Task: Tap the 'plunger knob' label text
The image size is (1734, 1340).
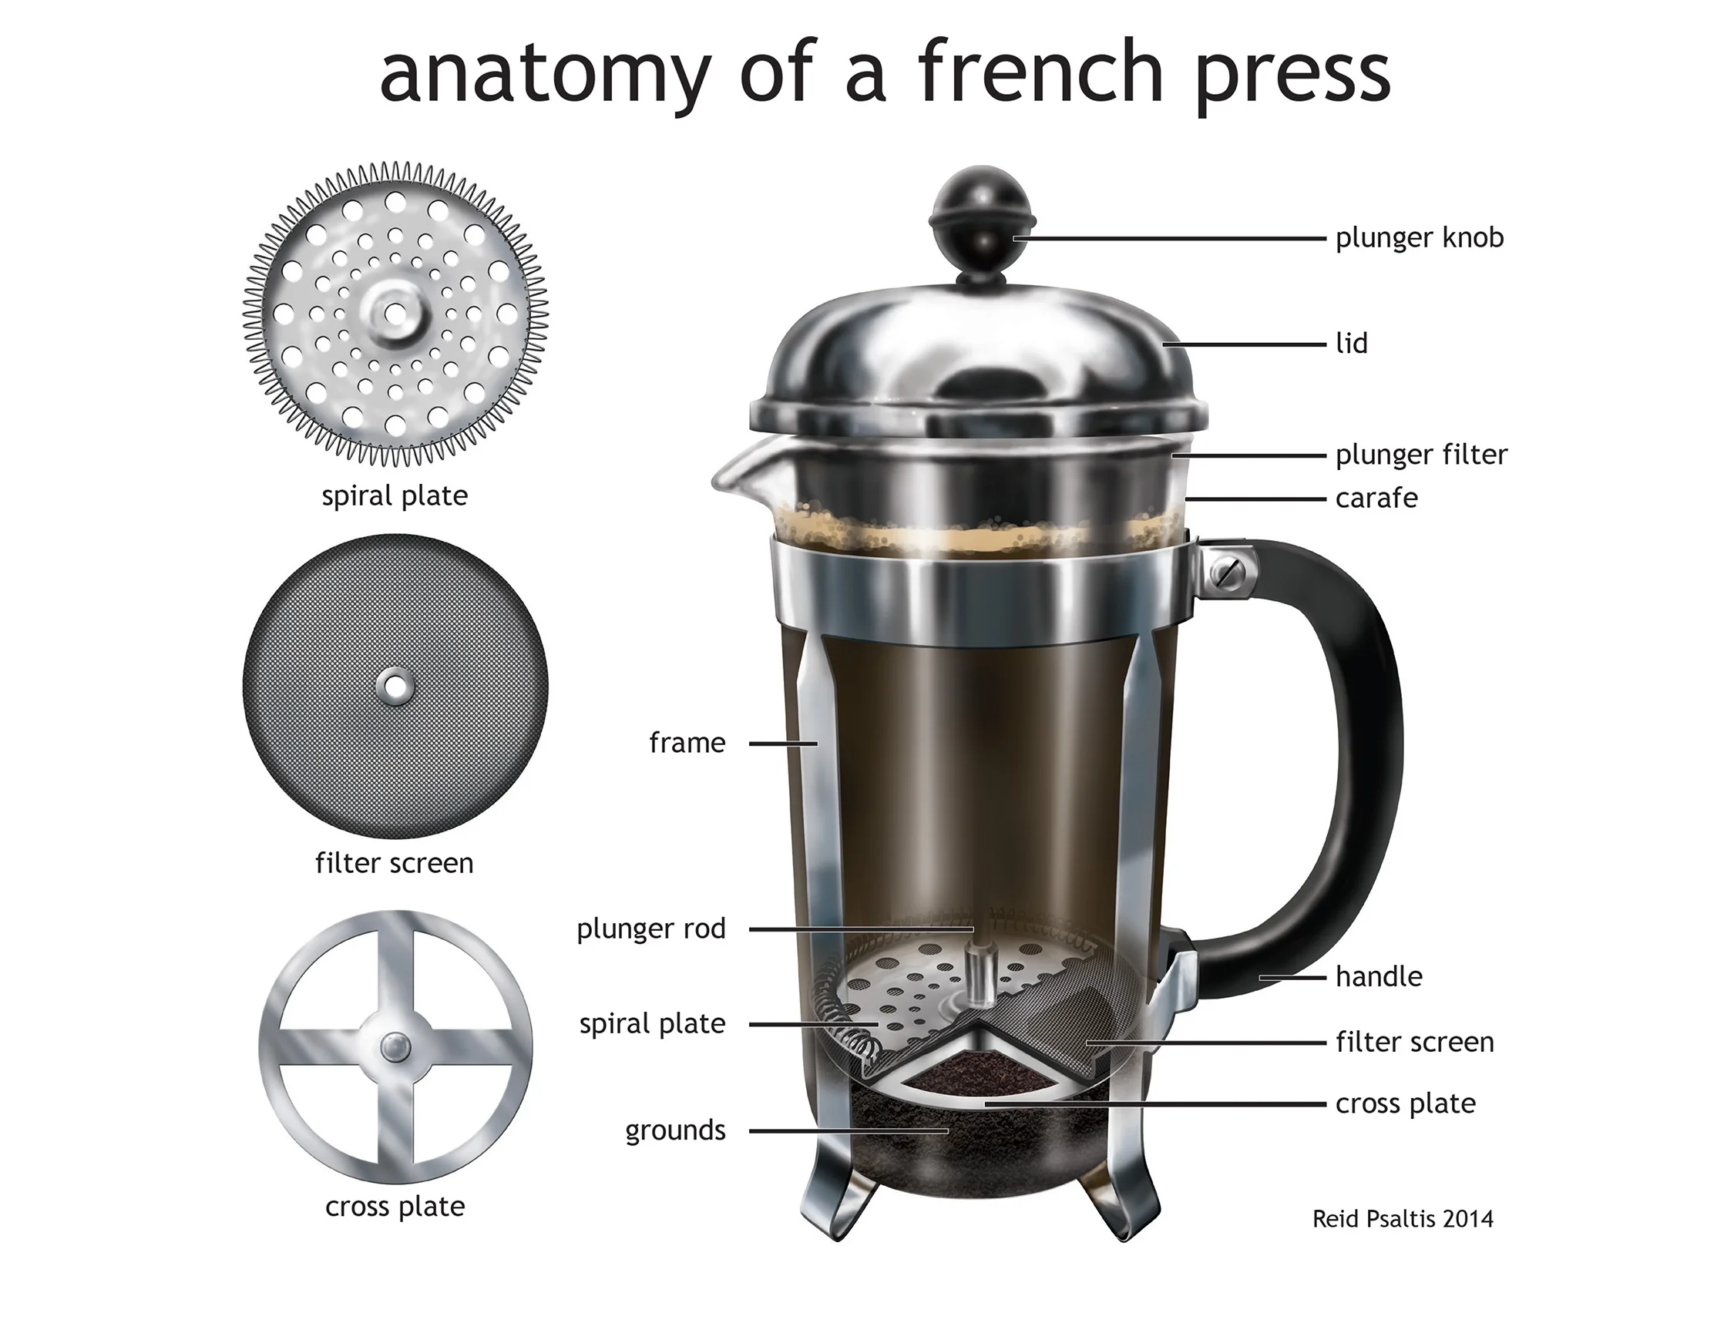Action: tap(1419, 237)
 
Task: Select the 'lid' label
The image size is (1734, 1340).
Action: tap(1351, 344)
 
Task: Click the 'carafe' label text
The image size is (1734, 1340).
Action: tap(1376, 499)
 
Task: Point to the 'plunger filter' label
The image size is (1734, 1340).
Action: tap(1420, 455)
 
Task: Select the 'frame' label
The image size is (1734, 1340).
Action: tap(687, 743)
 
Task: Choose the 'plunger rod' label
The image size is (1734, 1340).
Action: tap(651, 929)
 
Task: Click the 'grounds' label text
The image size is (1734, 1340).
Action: tap(675, 1130)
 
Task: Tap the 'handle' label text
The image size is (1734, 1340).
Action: tap(1378, 976)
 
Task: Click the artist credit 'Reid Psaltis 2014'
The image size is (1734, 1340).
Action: tap(1402, 1218)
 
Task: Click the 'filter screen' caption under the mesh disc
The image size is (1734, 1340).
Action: tap(395, 863)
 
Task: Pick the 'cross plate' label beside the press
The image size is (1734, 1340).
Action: tap(1404, 1103)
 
